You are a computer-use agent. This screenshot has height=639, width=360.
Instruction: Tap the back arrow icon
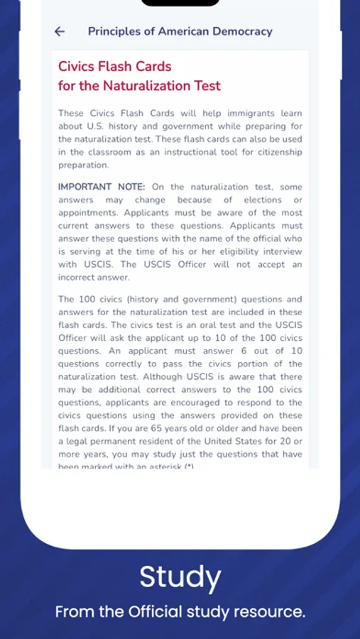click(60, 31)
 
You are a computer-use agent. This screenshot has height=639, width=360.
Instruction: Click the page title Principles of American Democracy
click(180, 31)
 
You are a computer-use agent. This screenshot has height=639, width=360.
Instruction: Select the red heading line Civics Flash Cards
click(114, 67)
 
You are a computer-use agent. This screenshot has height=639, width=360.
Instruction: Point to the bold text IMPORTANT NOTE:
click(102, 187)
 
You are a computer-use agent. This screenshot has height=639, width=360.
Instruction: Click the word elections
click(263, 200)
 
